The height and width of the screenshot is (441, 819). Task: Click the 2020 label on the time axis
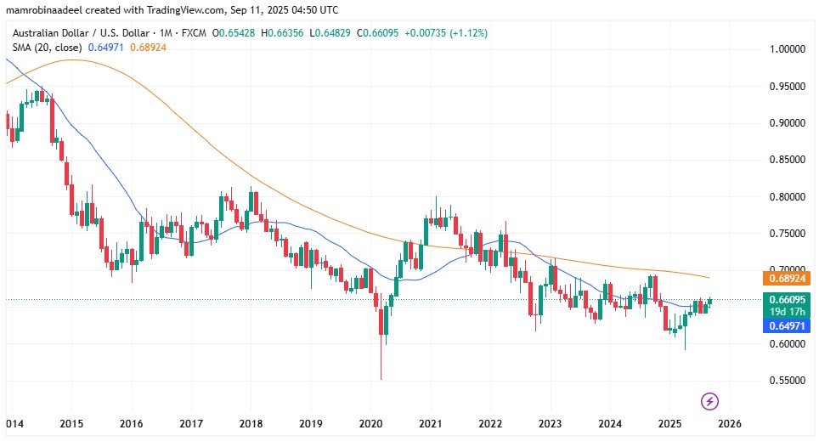click(370, 423)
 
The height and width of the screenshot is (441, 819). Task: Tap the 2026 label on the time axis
click(730, 423)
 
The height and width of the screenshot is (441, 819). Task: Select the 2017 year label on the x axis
click(190, 423)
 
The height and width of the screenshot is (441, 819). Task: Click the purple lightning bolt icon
click(710, 400)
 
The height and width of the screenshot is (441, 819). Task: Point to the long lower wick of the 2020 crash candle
click(381, 361)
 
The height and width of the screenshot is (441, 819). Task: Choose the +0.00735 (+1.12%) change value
click(445, 33)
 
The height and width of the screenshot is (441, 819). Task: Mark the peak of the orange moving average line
click(72, 60)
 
